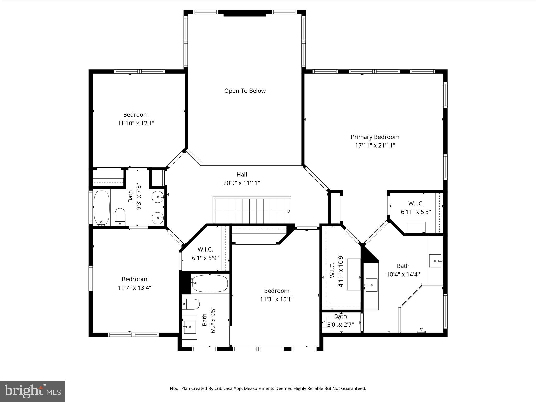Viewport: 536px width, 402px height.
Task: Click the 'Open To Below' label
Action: pyautogui.click(x=245, y=91)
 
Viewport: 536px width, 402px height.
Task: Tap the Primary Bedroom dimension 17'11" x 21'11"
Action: pyautogui.click(x=375, y=146)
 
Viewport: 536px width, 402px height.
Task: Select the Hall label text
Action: pyautogui.click(x=242, y=174)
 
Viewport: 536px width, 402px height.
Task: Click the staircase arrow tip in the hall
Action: pyautogui.click(x=289, y=211)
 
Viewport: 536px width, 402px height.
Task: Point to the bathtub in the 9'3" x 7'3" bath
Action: pyautogui.click(x=101, y=208)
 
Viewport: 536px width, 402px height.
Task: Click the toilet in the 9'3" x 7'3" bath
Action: pyautogui.click(x=120, y=216)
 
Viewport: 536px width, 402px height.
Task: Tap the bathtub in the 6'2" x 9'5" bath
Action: pyautogui.click(x=209, y=283)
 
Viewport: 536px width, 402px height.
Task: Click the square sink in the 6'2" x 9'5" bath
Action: pyautogui.click(x=189, y=327)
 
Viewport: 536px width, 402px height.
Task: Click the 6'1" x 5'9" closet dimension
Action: pyautogui.click(x=205, y=258)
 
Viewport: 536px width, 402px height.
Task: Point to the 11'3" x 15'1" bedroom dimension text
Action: pyautogui.click(x=277, y=299)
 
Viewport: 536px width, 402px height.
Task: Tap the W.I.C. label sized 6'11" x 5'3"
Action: pyautogui.click(x=416, y=203)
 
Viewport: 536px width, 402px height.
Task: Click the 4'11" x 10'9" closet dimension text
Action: pyautogui.click(x=340, y=270)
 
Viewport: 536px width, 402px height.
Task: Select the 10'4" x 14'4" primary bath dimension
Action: pyautogui.click(x=403, y=275)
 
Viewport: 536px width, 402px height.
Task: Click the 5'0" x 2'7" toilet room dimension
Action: pyautogui.click(x=340, y=325)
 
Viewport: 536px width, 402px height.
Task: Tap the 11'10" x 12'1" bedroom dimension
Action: pyautogui.click(x=136, y=123)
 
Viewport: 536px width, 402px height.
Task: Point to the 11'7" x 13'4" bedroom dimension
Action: pyautogui.click(x=135, y=288)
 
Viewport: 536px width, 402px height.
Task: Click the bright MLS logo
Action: pyautogui.click(x=33, y=391)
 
